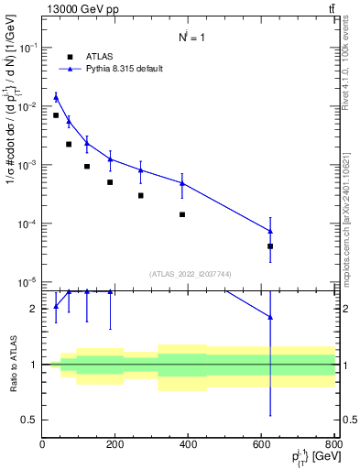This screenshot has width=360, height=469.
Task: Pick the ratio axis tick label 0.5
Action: pos(30,420)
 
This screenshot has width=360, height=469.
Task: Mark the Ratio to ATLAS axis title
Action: pos(13,364)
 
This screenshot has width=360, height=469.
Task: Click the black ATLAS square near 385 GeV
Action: pos(182,214)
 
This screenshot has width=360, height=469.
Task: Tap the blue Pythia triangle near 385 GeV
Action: pos(182,183)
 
